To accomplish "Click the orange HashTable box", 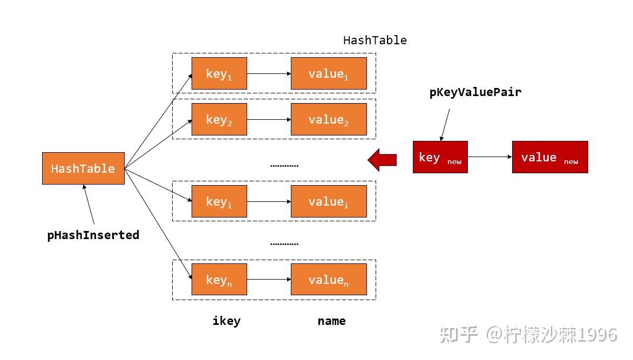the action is [x=83, y=168].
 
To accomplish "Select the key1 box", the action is [x=219, y=73].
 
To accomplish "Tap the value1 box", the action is [x=329, y=73].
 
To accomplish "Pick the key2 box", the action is [x=219, y=119].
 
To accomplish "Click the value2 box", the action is [x=329, y=119].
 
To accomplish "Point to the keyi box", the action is [x=219, y=201].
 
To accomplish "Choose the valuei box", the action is [x=329, y=201].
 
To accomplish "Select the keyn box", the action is [x=219, y=279].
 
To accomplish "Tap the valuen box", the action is [x=329, y=279].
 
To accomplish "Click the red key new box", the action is [x=440, y=157].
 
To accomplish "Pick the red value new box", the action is [x=550, y=157].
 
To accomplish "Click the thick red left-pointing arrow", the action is [x=382, y=160].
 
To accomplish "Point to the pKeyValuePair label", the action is [x=475, y=92].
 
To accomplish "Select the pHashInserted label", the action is [x=93, y=235].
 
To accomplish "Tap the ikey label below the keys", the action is [x=227, y=321].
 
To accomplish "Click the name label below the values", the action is [x=331, y=321].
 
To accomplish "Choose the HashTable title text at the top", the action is [x=375, y=40].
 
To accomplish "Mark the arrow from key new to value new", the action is [x=489, y=157].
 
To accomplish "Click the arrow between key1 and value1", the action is [x=269, y=73].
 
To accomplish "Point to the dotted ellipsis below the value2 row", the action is [x=284, y=166].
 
